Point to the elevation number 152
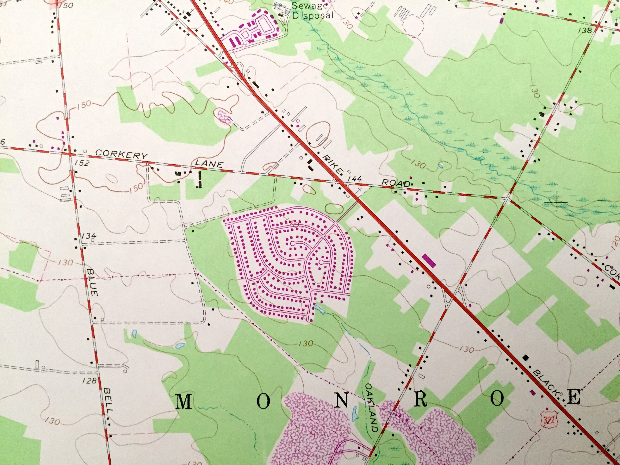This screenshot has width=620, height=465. [82, 163]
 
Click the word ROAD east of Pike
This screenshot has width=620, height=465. [396, 183]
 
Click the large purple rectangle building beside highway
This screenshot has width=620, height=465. [429, 260]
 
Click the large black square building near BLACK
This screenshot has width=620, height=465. [526, 358]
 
